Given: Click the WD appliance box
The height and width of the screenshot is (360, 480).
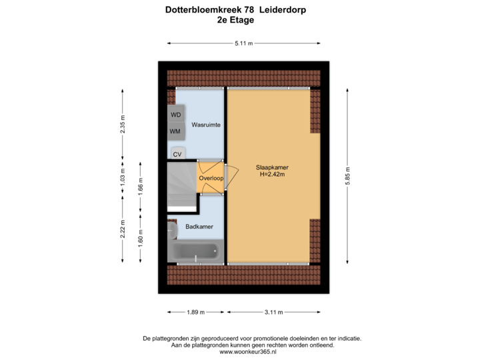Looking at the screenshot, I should [176, 115].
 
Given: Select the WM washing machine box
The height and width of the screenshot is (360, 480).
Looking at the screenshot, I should [175, 131].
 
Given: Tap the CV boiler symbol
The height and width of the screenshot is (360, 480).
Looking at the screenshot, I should [177, 154].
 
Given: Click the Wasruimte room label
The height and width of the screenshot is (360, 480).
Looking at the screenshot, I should [207, 125].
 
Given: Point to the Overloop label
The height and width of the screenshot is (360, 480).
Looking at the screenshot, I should [211, 179].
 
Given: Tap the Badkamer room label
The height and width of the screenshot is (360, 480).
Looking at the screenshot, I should [199, 227].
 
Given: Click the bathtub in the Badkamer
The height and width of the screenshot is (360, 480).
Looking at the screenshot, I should [195, 252].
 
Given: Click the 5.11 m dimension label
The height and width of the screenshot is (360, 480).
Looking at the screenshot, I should [243, 43].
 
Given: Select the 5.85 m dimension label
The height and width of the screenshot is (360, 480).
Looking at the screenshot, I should [348, 175].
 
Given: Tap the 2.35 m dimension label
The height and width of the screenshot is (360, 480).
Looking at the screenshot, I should [122, 125].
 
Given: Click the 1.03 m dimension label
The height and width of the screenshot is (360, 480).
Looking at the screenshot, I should [122, 177].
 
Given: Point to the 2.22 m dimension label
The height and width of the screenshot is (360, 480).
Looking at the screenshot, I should [122, 228].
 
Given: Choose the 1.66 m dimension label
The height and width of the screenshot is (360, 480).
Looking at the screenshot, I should [140, 183].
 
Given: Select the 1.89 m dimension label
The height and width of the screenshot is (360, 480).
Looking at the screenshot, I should [195, 312].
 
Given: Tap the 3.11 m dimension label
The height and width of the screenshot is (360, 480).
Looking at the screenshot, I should [274, 312].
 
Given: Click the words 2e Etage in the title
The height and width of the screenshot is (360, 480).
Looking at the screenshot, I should [235, 20].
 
